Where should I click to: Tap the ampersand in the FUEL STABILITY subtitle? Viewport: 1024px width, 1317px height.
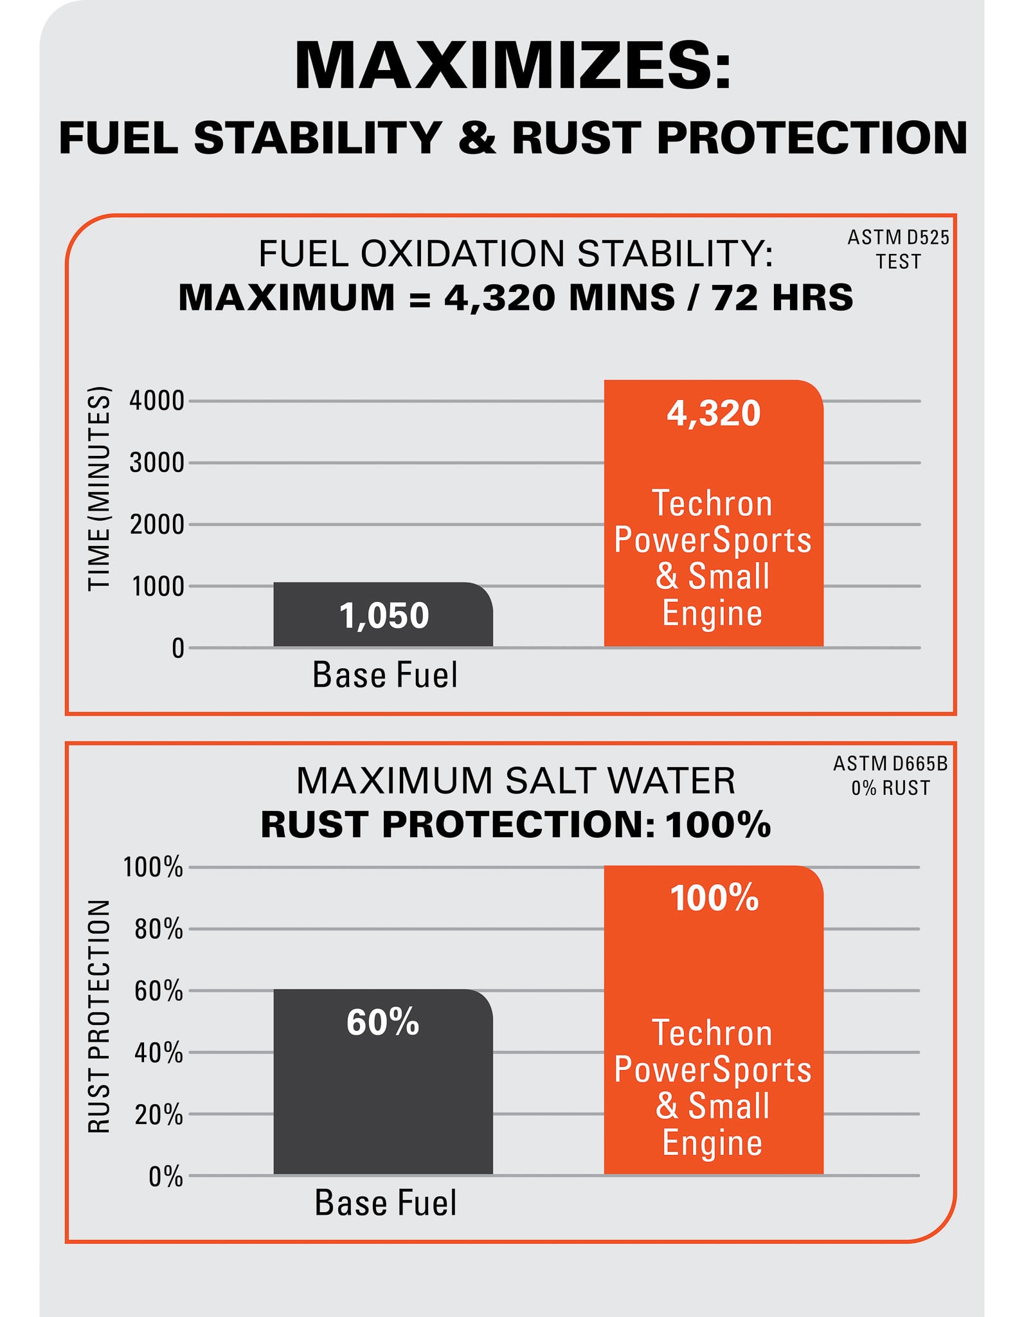(477, 138)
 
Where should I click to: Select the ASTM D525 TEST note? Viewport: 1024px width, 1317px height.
(898, 250)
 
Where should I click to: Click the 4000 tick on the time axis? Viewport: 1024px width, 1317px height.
(157, 401)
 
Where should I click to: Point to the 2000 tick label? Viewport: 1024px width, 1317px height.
(157, 525)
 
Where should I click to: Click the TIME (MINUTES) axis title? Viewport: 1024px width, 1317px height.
(100, 489)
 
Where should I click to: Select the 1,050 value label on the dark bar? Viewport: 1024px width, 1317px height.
(384, 615)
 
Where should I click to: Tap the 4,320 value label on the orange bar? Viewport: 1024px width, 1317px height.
(714, 413)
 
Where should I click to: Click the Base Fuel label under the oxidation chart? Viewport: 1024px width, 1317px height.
(385, 675)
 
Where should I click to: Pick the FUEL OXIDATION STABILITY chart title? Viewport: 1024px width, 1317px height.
(516, 253)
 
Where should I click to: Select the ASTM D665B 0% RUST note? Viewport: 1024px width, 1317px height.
(890, 775)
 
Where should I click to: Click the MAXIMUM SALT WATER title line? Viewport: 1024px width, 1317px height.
(516, 781)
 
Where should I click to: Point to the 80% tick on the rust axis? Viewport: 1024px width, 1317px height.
(159, 929)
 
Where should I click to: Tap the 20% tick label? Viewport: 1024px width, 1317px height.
(159, 1114)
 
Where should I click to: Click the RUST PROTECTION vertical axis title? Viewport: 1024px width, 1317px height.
(100, 1016)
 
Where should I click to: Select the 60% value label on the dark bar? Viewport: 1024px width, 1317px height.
(383, 1022)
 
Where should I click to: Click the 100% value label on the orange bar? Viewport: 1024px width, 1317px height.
(714, 898)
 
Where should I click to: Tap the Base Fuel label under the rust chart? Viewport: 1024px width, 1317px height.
(386, 1203)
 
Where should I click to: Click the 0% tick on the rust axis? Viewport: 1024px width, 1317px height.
(166, 1176)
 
